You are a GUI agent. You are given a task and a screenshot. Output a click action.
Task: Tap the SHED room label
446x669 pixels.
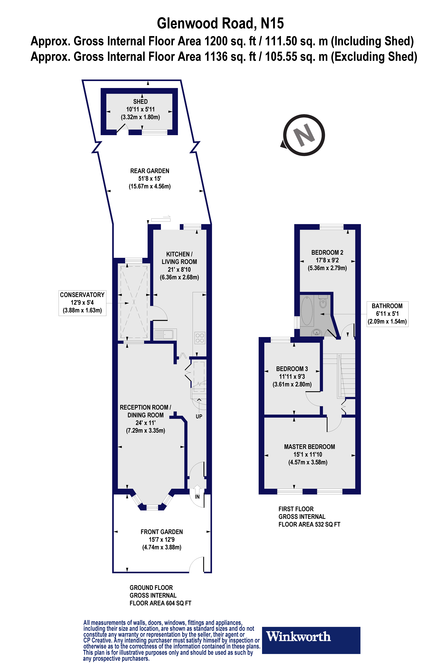pyautogui.click(x=140, y=102)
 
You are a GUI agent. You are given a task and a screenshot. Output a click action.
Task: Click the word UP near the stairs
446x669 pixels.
pyautogui.click(x=199, y=416)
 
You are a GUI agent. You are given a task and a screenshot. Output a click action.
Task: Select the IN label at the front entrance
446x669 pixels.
pyautogui.click(x=197, y=497)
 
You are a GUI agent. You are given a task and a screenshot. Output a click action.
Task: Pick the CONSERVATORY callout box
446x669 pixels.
pyautogui.click(x=82, y=302)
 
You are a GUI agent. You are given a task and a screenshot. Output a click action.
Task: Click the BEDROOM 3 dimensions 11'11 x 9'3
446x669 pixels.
pyautogui.click(x=292, y=377)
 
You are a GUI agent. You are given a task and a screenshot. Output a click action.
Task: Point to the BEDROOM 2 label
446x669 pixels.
pyautogui.click(x=327, y=253)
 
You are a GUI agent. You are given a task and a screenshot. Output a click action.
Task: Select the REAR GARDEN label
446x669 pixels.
pyautogui.click(x=150, y=171)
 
